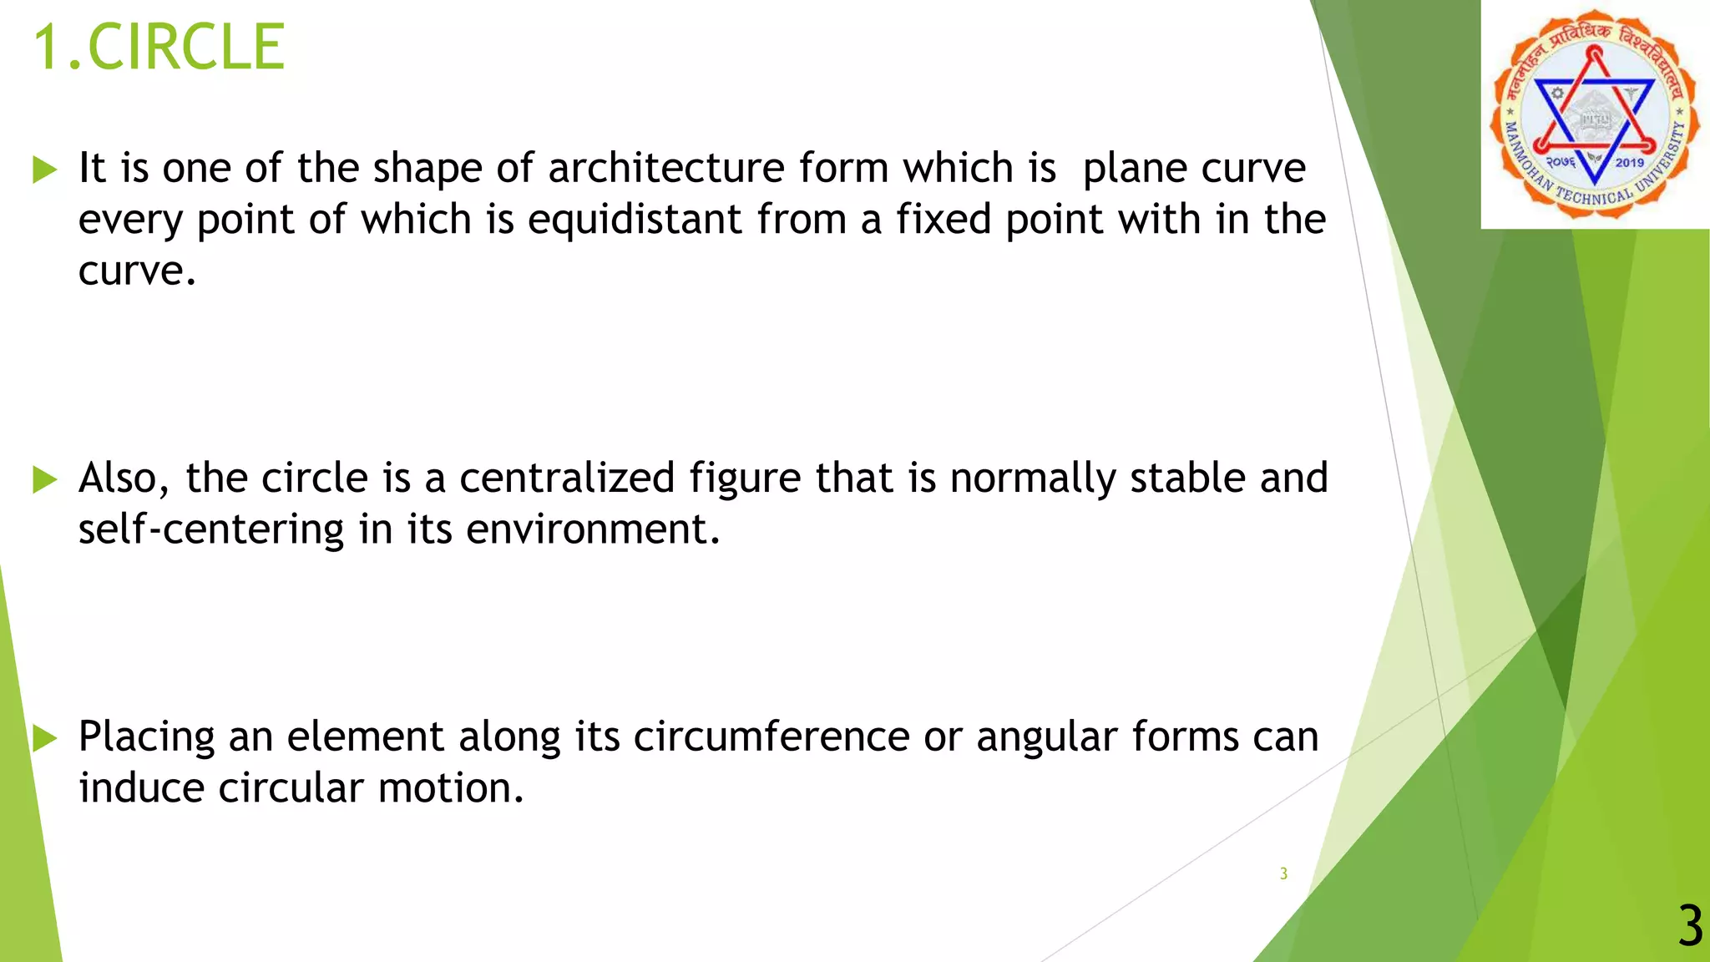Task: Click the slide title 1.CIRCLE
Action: pyautogui.click(x=159, y=48)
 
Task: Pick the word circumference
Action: pyautogui.click(x=772, y=737)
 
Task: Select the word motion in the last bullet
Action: pyautogui.click(x=451, y=788)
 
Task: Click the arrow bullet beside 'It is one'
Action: pyautogui.click(x=44, y=170)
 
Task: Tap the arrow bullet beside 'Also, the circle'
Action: pyautogui.click(x=44, y=480)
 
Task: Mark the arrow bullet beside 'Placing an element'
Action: pyautogui.click(x=44, y=738)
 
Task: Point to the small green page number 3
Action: pyautogui.click(x=1283, y=873)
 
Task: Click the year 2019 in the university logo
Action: pyautogui.click(x=1629, y=162)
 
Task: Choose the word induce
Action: pyautogui.click(x=141, y=788)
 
